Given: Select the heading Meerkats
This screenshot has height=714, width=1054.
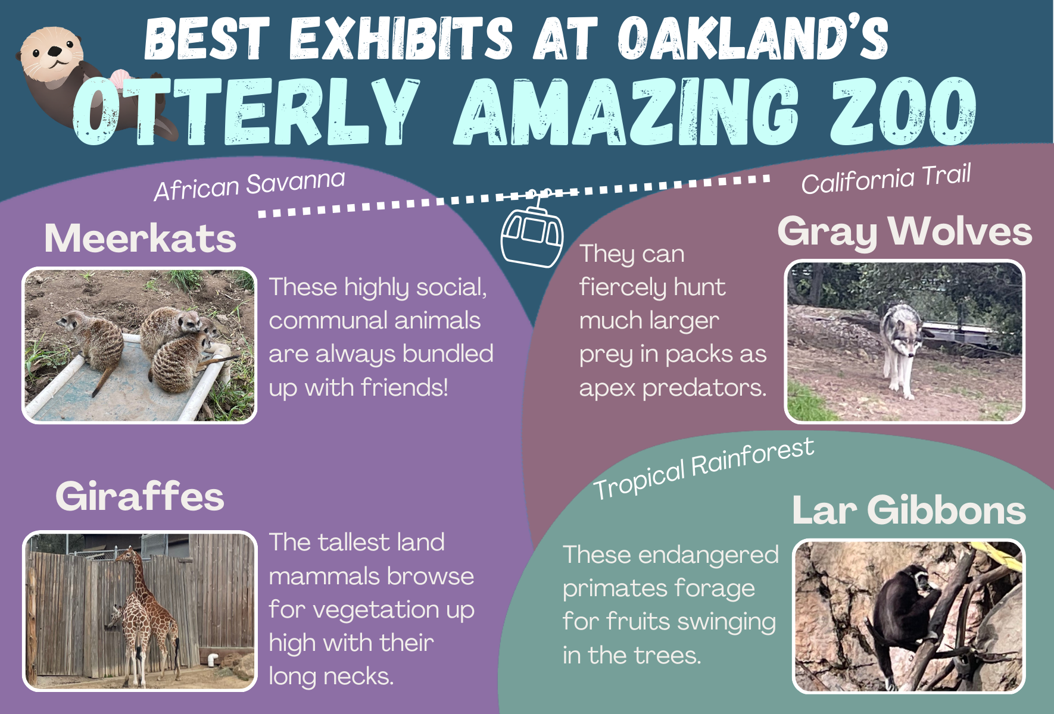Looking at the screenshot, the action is click(x=141, y=238).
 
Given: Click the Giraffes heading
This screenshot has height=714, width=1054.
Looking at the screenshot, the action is click(x=140, y=496).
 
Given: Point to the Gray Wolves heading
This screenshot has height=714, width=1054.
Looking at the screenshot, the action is click(x=905, y=232).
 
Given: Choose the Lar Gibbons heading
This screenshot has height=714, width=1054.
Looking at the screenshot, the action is click(x=909, y=511).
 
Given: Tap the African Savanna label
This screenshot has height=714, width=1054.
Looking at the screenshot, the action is click(x=250, y=185).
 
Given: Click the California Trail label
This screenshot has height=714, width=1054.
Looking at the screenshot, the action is click(x=886, y=178).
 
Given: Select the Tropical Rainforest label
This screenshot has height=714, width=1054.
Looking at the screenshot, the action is click(x=704, y=468).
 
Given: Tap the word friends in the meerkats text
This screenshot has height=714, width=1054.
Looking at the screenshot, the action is click(x=404, y=387).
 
